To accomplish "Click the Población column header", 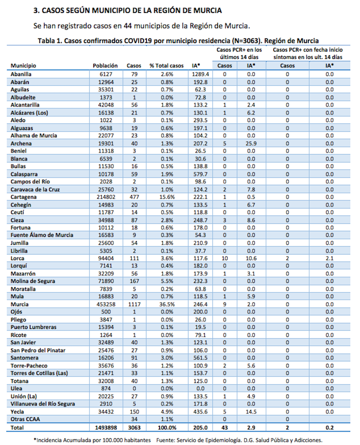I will (105, 66).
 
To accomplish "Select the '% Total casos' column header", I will (166, 66).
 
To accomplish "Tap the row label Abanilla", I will (21, 74).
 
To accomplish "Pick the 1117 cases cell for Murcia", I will (134, 304).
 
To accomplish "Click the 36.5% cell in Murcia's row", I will (166, 304).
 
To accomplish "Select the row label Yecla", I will (17, 412).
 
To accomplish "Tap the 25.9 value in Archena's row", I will (251, 143).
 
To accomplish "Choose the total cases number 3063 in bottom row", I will (134, 427).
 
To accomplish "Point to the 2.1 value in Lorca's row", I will (329, 258).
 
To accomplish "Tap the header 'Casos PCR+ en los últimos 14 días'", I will (239, 53).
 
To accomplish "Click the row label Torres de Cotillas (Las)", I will (39, 373).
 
